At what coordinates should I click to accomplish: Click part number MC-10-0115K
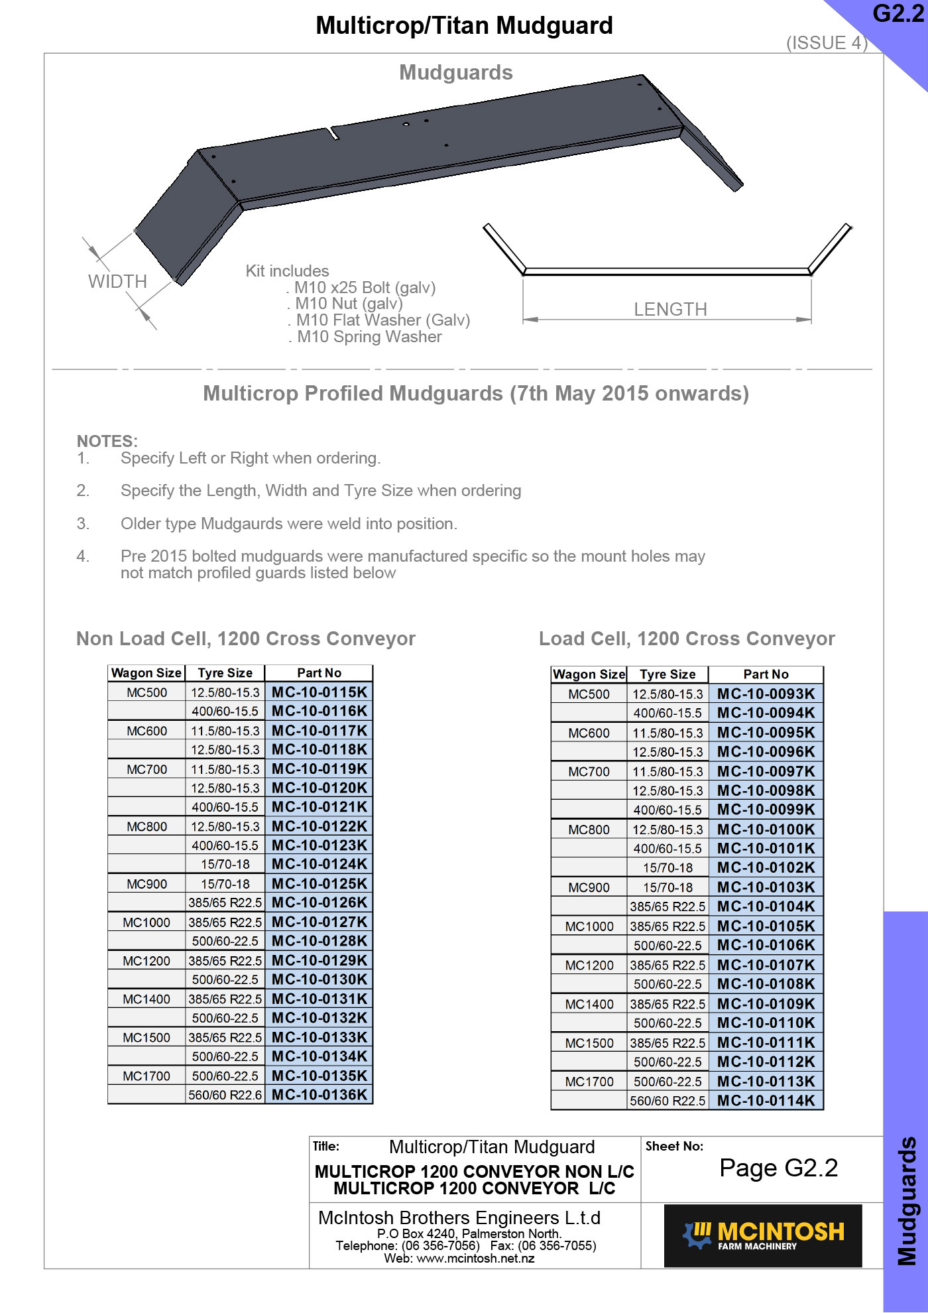(x=319, y=692)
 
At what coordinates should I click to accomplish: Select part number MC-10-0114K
(x=766, y=1101)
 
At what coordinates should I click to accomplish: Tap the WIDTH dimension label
(x=117, y=282)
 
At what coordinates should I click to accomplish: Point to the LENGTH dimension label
(x=670, y=310)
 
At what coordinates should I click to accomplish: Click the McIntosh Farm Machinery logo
(x=763, y=1236)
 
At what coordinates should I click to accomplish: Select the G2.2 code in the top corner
(x=898, y=15)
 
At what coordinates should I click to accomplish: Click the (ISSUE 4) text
(x=827, y=43)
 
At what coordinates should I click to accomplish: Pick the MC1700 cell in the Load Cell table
(x=589, y=1082)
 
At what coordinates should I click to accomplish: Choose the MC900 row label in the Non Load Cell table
(x=147, y=884)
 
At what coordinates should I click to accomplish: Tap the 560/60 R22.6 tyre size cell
(x=225, y=1095)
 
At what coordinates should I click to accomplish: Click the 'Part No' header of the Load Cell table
(x=766, y=674)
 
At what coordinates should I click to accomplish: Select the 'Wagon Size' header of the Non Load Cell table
(x=146, y=673)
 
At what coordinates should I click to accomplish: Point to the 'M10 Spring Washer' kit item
(x=369, y=337)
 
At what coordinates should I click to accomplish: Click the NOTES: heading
(x=107, y=441)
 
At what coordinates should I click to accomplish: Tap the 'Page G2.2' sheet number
(x=778, y=1168)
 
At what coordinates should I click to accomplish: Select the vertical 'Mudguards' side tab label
(x=906, y=1200)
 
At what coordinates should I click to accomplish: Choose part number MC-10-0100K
(x=766, y=830)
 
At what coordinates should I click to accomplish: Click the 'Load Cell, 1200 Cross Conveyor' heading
(x=687, y=639)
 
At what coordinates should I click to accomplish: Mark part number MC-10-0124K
(x=319, y=864)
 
